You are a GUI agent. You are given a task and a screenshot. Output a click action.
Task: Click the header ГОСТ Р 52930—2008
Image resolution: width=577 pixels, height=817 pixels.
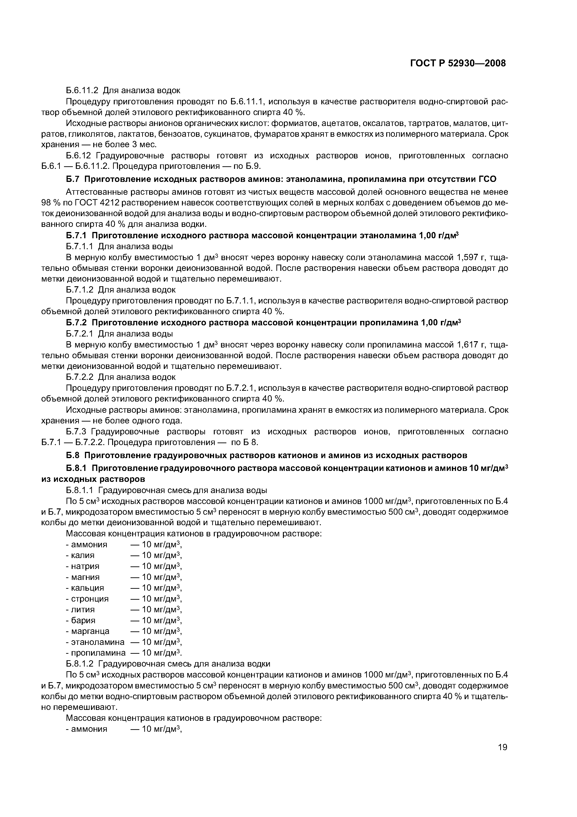tap(458, 63)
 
